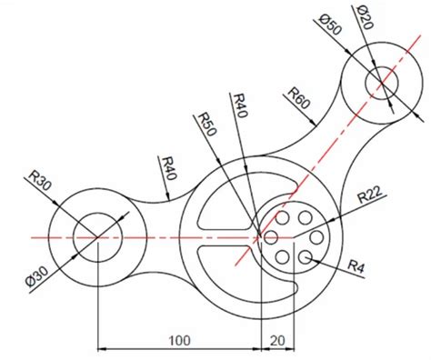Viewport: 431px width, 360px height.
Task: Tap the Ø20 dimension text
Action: tap(363, 17)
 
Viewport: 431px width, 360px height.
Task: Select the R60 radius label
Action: tap(299, 98)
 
